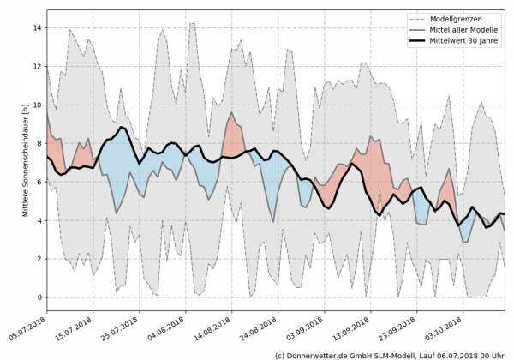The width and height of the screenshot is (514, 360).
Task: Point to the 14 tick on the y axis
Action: [x=34, y=27]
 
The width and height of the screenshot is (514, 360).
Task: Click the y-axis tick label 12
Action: [x=34, y=66]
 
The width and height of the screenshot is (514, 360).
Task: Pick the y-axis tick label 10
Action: [x=34, y=105]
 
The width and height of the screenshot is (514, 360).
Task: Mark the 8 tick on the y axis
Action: [x=37, y=143]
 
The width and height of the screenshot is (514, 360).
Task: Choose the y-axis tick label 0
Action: [x=37, y=297]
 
